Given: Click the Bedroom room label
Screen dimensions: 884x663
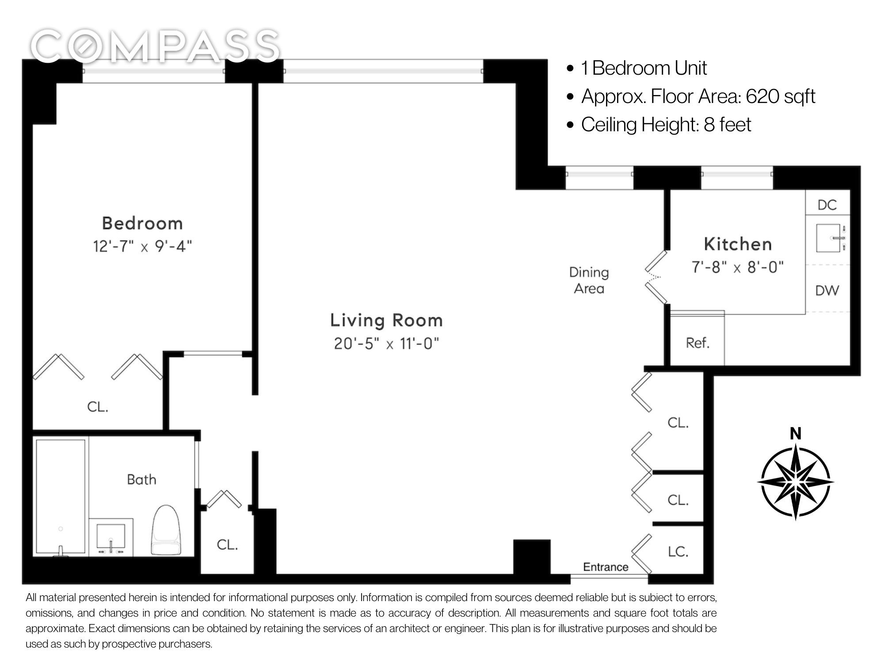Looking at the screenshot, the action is [x=142, y=223].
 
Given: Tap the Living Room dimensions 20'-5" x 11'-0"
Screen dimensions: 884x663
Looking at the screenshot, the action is [x=387, y=343].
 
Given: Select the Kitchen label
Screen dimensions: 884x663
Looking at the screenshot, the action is [x=738, y=244].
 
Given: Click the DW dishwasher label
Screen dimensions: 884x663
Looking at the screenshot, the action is [x=827, y=290].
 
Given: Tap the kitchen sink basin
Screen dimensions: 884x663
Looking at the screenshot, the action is [x=828, y=238].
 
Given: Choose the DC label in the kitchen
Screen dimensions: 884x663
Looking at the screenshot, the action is [x=827, y=205].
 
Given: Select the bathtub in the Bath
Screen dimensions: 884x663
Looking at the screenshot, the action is [x=61, y=496].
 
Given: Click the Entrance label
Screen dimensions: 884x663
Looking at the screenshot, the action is [x=606, y=567].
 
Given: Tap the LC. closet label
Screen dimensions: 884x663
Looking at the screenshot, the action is [x=678, y=552].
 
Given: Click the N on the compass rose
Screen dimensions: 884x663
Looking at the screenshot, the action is [x=796, y=434].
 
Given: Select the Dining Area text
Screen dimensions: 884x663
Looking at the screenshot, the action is [x=589, y=280].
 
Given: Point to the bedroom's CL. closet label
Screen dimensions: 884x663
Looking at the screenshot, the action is [x=98, y=407].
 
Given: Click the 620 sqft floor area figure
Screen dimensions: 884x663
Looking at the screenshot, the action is [x=781, y=96].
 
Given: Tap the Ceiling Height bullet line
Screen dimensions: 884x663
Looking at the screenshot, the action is [x=659, y=125].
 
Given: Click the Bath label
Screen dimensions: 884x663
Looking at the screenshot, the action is [x=141, y=480].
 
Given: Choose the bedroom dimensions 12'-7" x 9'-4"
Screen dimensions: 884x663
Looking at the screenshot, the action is [x=142, y=246].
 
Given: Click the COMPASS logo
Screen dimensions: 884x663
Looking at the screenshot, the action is [x=155, y=46].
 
